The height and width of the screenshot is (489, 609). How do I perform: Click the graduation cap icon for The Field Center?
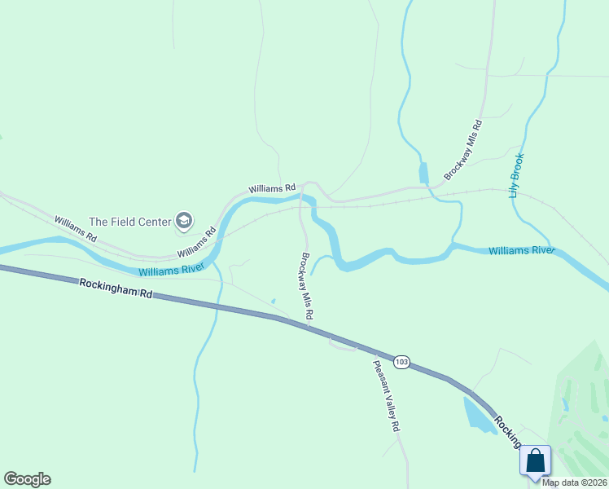[184, 220]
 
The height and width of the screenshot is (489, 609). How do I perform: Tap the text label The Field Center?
[130, 221]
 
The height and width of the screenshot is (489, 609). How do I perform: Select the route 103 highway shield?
[401, 360]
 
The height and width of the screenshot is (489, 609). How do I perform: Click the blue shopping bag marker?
[536, 460]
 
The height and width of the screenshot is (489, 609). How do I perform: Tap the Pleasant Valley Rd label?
[386, 396]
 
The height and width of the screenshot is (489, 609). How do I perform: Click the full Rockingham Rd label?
[116, 287]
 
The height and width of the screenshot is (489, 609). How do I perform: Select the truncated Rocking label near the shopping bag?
[506, 430]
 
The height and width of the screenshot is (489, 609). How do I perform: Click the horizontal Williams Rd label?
[272, 188]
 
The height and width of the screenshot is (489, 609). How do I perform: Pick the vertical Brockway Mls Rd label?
[307, 285]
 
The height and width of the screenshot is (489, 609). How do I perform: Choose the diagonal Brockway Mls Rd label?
[464, 151]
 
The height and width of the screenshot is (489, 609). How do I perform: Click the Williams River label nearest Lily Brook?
[521, 250]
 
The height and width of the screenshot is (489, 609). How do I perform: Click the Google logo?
[27, 479]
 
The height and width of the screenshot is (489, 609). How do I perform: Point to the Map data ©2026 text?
[574, 482]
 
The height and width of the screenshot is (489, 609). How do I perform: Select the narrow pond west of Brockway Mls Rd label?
[423, 173]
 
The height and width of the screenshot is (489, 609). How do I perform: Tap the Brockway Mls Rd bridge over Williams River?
[303, 200]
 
